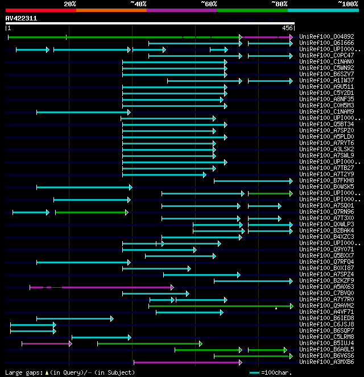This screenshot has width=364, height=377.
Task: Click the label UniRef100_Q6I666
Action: tap(318, 43)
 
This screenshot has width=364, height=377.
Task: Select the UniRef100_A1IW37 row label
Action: tap(318, 81)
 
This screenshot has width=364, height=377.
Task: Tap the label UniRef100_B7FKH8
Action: tap(318, 181)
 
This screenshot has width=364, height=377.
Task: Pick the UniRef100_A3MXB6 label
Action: tap(318, 362)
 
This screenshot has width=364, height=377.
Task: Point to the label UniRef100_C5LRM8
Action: tap(318, 337)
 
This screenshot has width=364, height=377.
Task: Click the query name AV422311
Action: tap(21, 18)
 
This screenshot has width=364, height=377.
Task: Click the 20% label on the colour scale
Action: tap(69, 4)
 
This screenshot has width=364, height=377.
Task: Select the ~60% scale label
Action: tap(209, 4)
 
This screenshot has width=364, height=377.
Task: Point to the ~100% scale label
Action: tap(348, 4)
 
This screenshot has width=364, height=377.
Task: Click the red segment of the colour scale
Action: tap(40, 10)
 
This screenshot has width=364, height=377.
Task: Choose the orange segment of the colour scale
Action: tap(111, 10)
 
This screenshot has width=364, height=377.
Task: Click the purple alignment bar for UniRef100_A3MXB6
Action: tap(188, 362)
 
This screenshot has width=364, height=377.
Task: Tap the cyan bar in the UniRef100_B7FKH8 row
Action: tap(254, 181)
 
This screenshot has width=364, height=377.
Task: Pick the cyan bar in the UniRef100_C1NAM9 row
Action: tap(83, 112)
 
